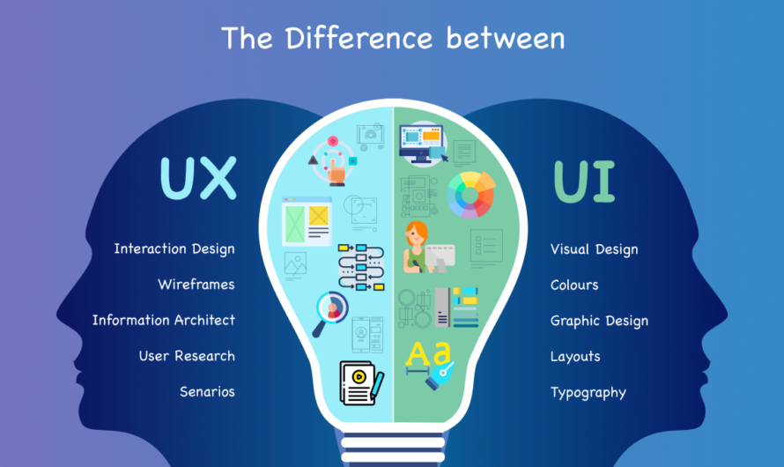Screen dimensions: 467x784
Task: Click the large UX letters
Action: pyautogui.click(x=198, y=178)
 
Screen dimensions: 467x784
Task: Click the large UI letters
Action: pyautogui.click(x=584, y=180)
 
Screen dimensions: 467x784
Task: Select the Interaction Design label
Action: pyautogui.click(x=174, y=249)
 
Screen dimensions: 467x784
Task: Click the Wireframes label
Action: pyautogui.click(x=196, y=285)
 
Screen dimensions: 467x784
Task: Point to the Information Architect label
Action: pyautogui.click(x=164, y=321)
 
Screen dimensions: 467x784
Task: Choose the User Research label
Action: pyautogui.click(x=187, y=356)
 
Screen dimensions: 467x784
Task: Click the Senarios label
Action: pyautogui.click(x=207, y=392)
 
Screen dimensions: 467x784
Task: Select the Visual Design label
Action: pyautogui.click(x=594, y=249)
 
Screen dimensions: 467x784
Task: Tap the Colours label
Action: pyautogui.click(x=574, y=285)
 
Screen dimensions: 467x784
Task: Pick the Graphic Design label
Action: pyautogui.click(x=599, y=321)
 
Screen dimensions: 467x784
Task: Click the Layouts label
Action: pyautogui.click(x=575, y=356)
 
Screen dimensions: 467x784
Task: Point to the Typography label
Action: pyautogui.click(x=588, y=392)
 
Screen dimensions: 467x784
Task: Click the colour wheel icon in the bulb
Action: pyautogui.click(x=471, y=193)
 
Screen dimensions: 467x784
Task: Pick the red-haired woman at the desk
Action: pyautogui.click(x=418, y=247)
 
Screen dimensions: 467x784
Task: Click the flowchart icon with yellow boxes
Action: pyautogui.click(x=361, y=267)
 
